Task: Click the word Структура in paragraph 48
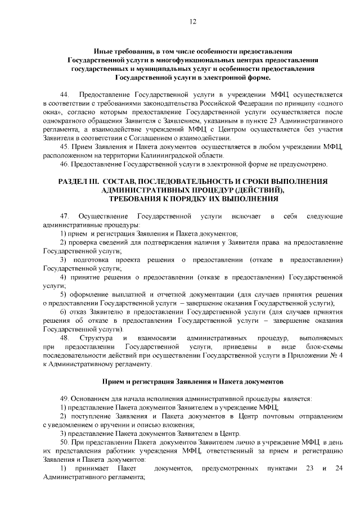(96, 338)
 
